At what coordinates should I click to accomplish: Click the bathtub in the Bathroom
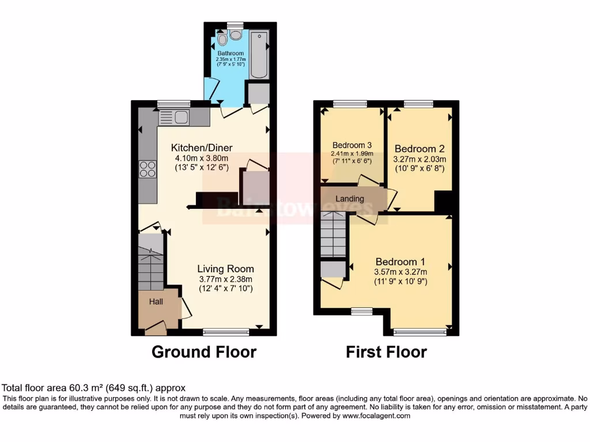tap(260, 56)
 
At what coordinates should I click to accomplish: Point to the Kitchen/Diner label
tap(202, 148)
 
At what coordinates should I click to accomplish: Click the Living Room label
tap(225, 269)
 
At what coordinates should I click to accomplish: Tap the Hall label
tap(157, 302)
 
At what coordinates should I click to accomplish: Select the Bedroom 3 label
tap(352, 145)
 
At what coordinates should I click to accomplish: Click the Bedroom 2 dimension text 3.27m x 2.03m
tap(419, 159)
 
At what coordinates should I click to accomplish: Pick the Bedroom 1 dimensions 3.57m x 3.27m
tap(401, 272)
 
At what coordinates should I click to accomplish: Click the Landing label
tap(350, 199)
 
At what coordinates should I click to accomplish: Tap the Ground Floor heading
tap(203, 352)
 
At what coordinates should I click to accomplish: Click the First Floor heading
tap(386, 352)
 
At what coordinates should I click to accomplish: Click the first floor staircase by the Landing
tap(333, 234)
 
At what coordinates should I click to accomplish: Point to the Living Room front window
tap(226, 331)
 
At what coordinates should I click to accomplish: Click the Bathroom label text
tap(230, 54)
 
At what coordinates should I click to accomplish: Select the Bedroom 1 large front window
tap(419, 331)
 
